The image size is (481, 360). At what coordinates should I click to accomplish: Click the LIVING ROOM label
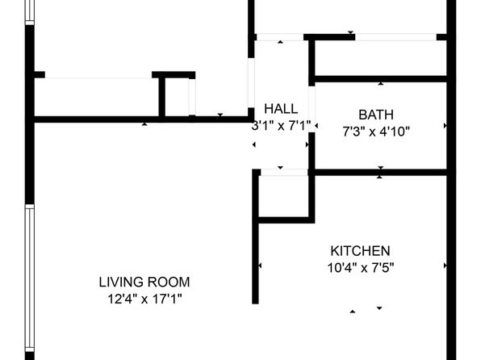click(x=144, y=283)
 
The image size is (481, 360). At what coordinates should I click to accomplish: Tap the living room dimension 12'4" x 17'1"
click(x=144, y=298)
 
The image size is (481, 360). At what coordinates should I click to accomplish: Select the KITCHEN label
click(x=360, y=251)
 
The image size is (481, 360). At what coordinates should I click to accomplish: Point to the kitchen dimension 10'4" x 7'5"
click(x=360, y=266)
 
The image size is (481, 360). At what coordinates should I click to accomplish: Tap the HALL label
click(x=280, y=108)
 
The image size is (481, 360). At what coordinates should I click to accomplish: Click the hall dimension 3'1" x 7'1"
click(x=280, y=125)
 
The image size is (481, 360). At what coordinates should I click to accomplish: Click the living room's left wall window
click(x=29, y=274)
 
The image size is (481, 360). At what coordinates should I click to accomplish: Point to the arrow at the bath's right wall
click(x=445, y=125)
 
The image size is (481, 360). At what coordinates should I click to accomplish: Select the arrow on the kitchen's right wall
click(x=445, y=266)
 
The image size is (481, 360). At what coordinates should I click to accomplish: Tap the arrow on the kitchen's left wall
click(x=260, y=266)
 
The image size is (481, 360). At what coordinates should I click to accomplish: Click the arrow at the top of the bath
click(x=379, y=82)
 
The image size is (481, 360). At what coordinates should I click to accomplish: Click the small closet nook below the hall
click(x=284, y=195)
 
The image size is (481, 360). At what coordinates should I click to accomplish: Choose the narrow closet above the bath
click(x=379, y=57)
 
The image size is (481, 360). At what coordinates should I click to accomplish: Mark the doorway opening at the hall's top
click(x=279, y=37)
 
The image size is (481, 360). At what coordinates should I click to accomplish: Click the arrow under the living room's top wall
click(x=144, y=124)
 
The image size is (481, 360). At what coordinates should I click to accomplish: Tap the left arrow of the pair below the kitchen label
click(x=352, y=310)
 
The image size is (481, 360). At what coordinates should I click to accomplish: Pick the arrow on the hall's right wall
click(x=307, y=143)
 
